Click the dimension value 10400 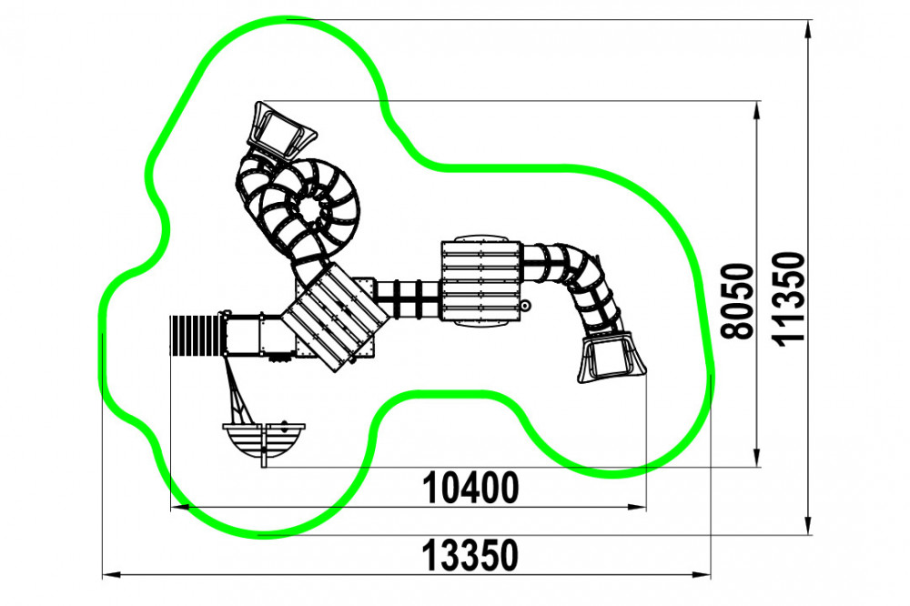[470, 488]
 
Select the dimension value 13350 [470, 555]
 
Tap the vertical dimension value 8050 [737, 300]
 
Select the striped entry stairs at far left [196, 335]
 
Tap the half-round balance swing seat [264, 440]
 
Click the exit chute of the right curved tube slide [612, 357]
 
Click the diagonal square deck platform [337, 317]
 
